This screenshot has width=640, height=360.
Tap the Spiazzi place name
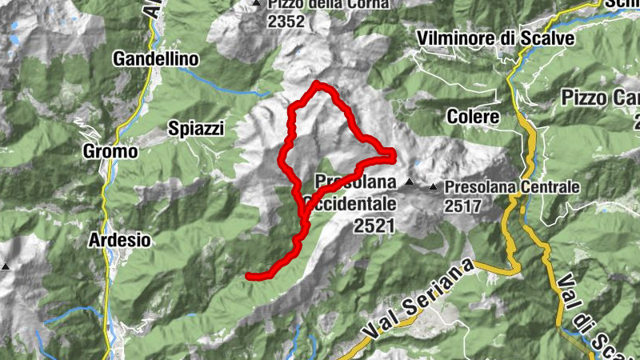(196, 128)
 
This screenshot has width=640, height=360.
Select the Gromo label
(110, 151)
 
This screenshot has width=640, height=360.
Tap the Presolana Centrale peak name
(511, 187)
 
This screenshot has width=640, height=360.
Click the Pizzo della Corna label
(328, 4)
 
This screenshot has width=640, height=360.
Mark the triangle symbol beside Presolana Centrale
(434, 187)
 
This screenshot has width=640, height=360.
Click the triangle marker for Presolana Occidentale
(410, 182)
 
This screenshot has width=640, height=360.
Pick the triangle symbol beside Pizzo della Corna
(256, 4)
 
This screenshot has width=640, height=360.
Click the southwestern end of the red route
(249, 276)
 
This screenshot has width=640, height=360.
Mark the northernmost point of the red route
(318, 84)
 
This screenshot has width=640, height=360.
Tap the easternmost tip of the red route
(393, 152)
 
